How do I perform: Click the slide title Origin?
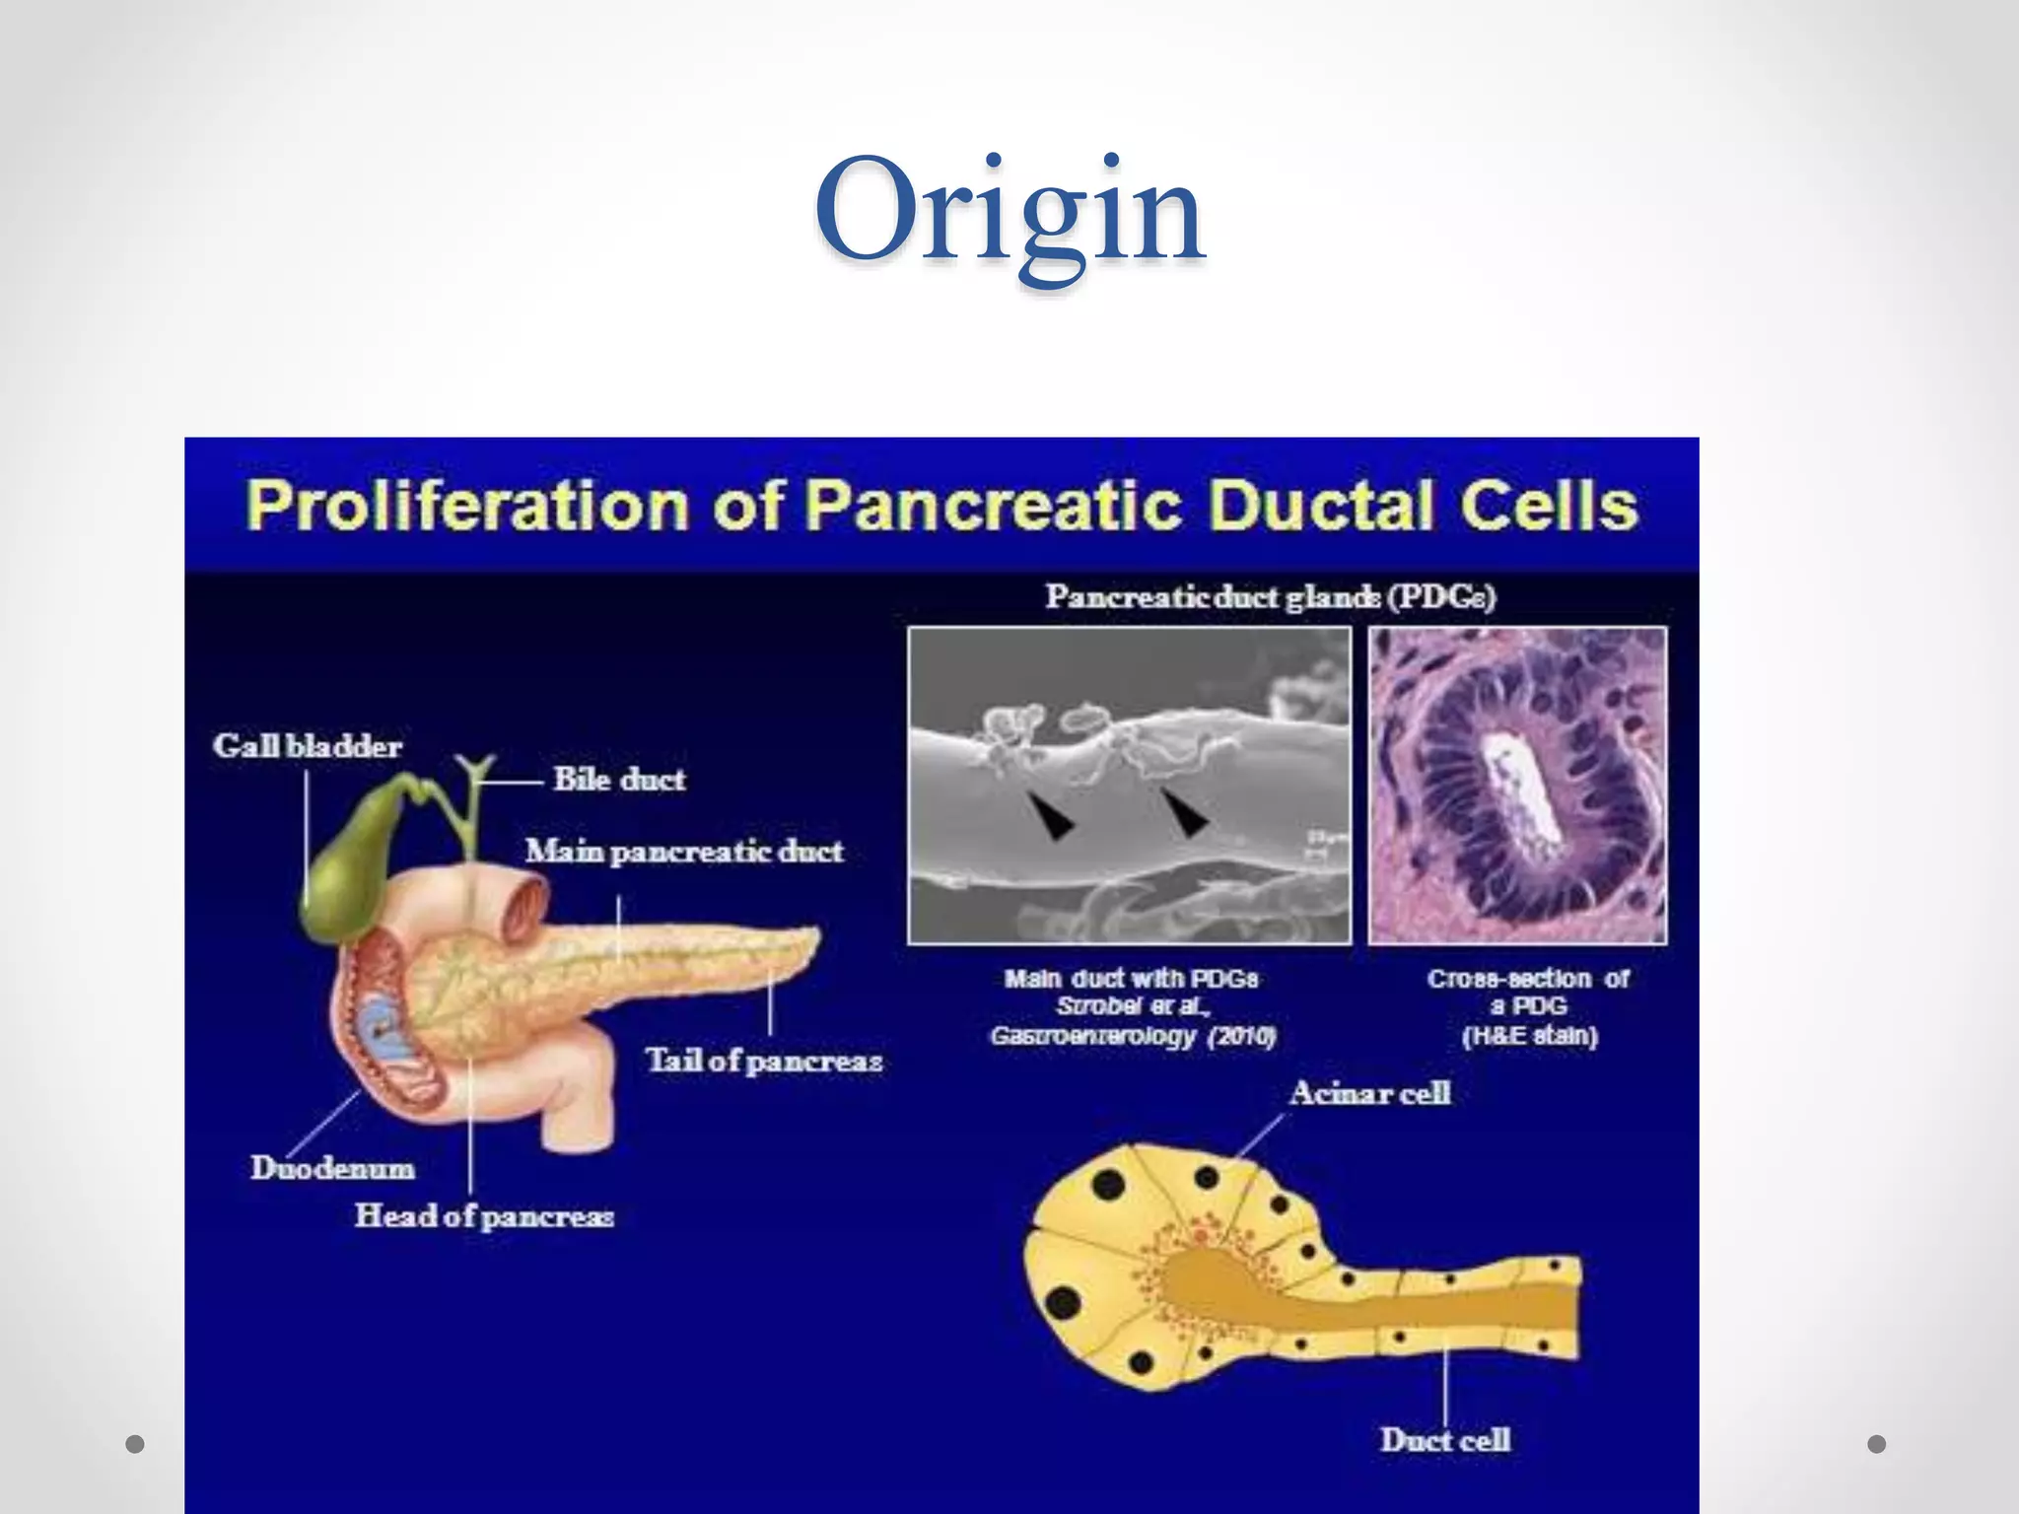point(1009,212)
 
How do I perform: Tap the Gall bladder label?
point(308,746)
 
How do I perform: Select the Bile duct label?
point(619,779)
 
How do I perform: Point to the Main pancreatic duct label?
point(684,851)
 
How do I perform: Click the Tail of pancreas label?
point(764,1061)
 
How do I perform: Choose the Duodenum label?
point(332,1168)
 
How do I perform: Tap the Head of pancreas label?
point(484,1216)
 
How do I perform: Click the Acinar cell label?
point(1370,1093)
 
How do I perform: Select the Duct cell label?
point(1445,1440)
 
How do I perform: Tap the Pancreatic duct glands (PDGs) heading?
point(1271,597)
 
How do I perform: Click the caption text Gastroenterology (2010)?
point(1133,1036)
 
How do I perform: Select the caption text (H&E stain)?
point(1529,1036)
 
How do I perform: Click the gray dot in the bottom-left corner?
point(136,1444)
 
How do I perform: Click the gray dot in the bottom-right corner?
point(1877,1444)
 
